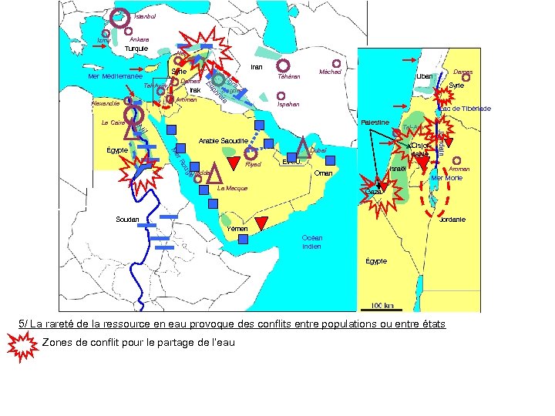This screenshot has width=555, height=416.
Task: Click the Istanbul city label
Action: pos(145,16)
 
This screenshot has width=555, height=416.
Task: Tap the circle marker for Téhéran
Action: pos(283,65)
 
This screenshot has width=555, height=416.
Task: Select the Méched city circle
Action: pos(336,64)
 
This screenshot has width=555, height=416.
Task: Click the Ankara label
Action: pos(140,39)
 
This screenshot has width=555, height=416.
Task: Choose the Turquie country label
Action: pos(136,49)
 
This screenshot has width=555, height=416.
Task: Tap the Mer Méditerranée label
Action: pos(115,77)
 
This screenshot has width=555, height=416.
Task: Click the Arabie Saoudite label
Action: pos(223,141)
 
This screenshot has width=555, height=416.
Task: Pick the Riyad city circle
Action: pos(250,153)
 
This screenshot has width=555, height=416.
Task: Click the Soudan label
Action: pos(127,220)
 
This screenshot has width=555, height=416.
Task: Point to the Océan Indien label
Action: pos(312,242)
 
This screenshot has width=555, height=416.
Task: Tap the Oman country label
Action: pos(323,174)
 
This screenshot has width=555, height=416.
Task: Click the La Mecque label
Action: pos(232,188)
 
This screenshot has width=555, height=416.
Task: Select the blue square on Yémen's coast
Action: pos(244,240)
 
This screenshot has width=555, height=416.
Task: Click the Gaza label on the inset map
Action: pos(374,191)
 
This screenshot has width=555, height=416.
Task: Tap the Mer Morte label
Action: pos(447,178)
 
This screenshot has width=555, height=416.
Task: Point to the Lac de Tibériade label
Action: pos(465,109)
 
